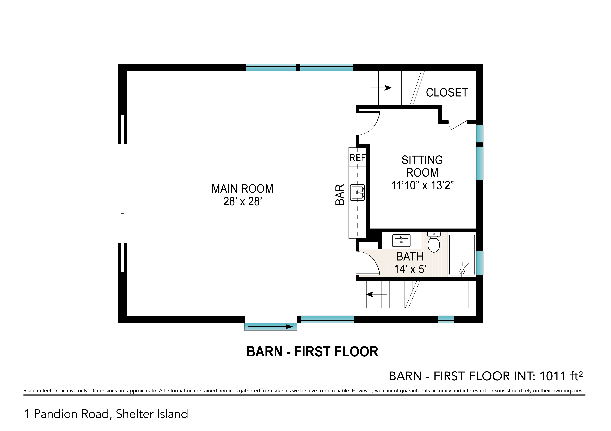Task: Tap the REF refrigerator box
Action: (357, 157)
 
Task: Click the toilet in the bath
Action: (434, 242)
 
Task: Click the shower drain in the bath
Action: (462, 271)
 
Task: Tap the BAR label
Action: (340, 194)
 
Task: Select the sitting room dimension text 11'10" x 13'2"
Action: (422, 185)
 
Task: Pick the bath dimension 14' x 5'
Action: (410, 269)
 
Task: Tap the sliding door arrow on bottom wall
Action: (270, 327)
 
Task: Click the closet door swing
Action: (458, 125)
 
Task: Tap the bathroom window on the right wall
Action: (480, 263)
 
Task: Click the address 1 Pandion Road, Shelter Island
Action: (106, 414)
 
